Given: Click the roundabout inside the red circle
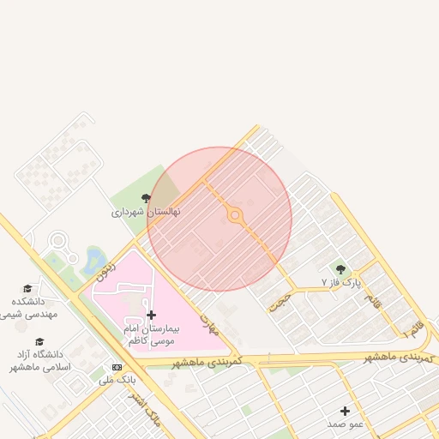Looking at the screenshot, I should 235,216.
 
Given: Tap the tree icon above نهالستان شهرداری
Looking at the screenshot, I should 146,198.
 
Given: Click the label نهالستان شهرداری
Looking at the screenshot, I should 146,211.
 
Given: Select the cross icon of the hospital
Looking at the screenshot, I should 152,316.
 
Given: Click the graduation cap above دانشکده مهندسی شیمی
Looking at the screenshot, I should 27,288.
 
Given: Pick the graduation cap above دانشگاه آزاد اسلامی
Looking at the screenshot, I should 39,341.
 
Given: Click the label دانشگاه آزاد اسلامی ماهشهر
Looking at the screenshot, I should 39,360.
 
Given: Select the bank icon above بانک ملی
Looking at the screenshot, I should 105,366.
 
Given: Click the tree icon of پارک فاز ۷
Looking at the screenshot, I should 342,269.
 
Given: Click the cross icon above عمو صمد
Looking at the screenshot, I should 346,412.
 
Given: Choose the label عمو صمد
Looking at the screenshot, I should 346,424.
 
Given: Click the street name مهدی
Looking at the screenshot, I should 210,323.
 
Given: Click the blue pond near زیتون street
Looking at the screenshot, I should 93,261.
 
